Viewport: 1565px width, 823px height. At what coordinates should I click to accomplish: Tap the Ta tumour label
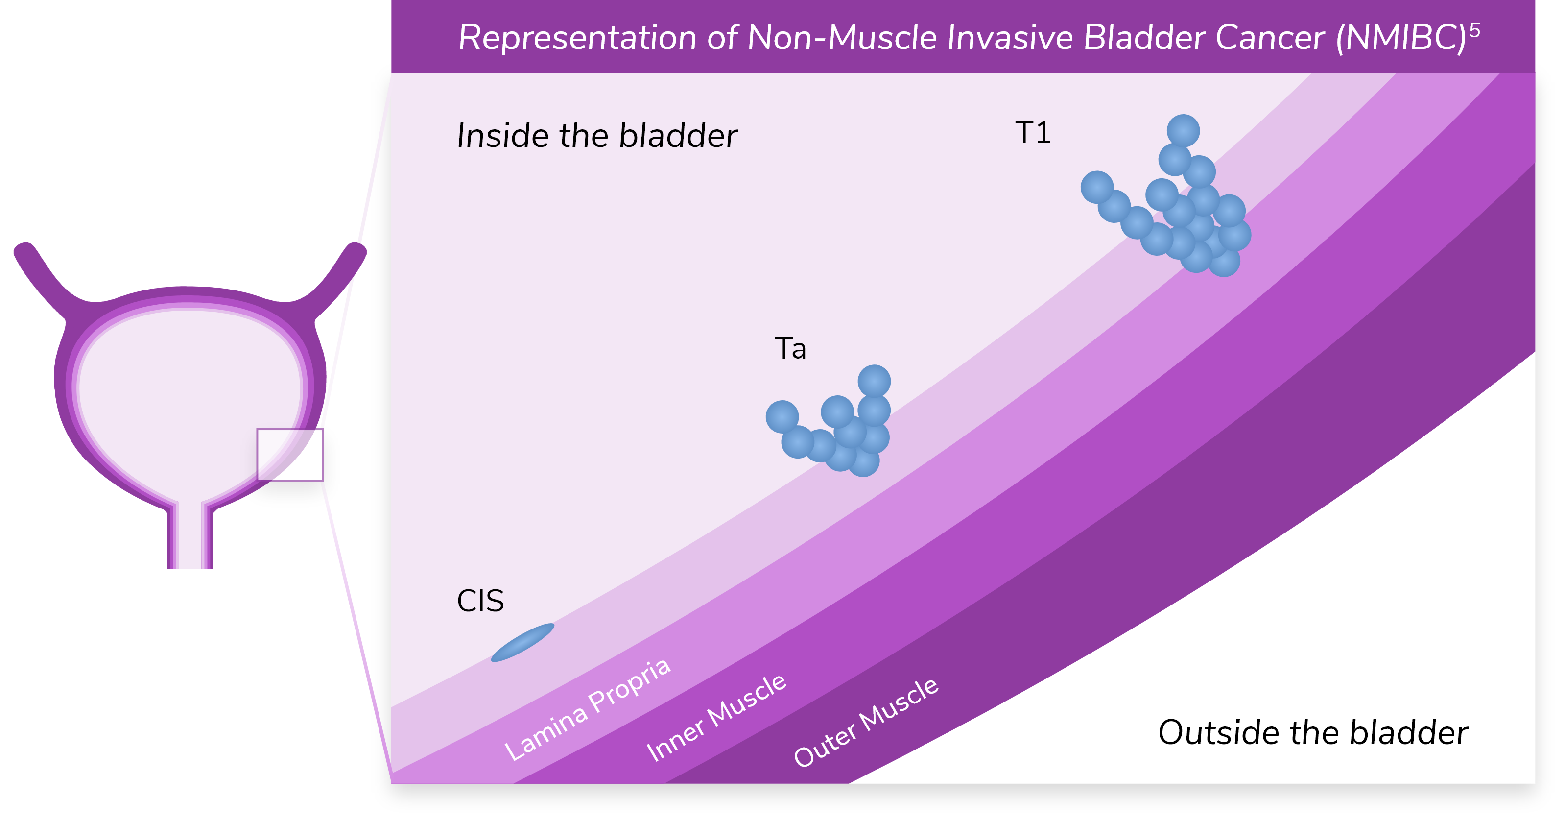click(x=790, y=349)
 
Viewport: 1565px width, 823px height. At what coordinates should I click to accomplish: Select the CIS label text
click(x=480, y=601)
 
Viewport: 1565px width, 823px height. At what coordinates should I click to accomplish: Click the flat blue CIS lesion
click(x=522, y=642)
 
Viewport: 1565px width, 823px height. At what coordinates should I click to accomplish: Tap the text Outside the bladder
click(x=1312, y=732)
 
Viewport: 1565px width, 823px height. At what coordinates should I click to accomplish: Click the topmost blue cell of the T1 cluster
click(x=1183, y=131)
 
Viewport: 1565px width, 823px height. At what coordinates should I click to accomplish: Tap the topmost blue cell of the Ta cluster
click(x=874, y=381)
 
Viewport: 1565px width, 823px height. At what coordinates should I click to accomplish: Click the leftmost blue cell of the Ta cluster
click(x=782, y=416)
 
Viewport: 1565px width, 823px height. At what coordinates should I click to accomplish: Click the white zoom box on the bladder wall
click(x=290, y=455)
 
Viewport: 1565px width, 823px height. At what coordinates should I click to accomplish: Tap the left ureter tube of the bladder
click(x=43, y=273)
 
